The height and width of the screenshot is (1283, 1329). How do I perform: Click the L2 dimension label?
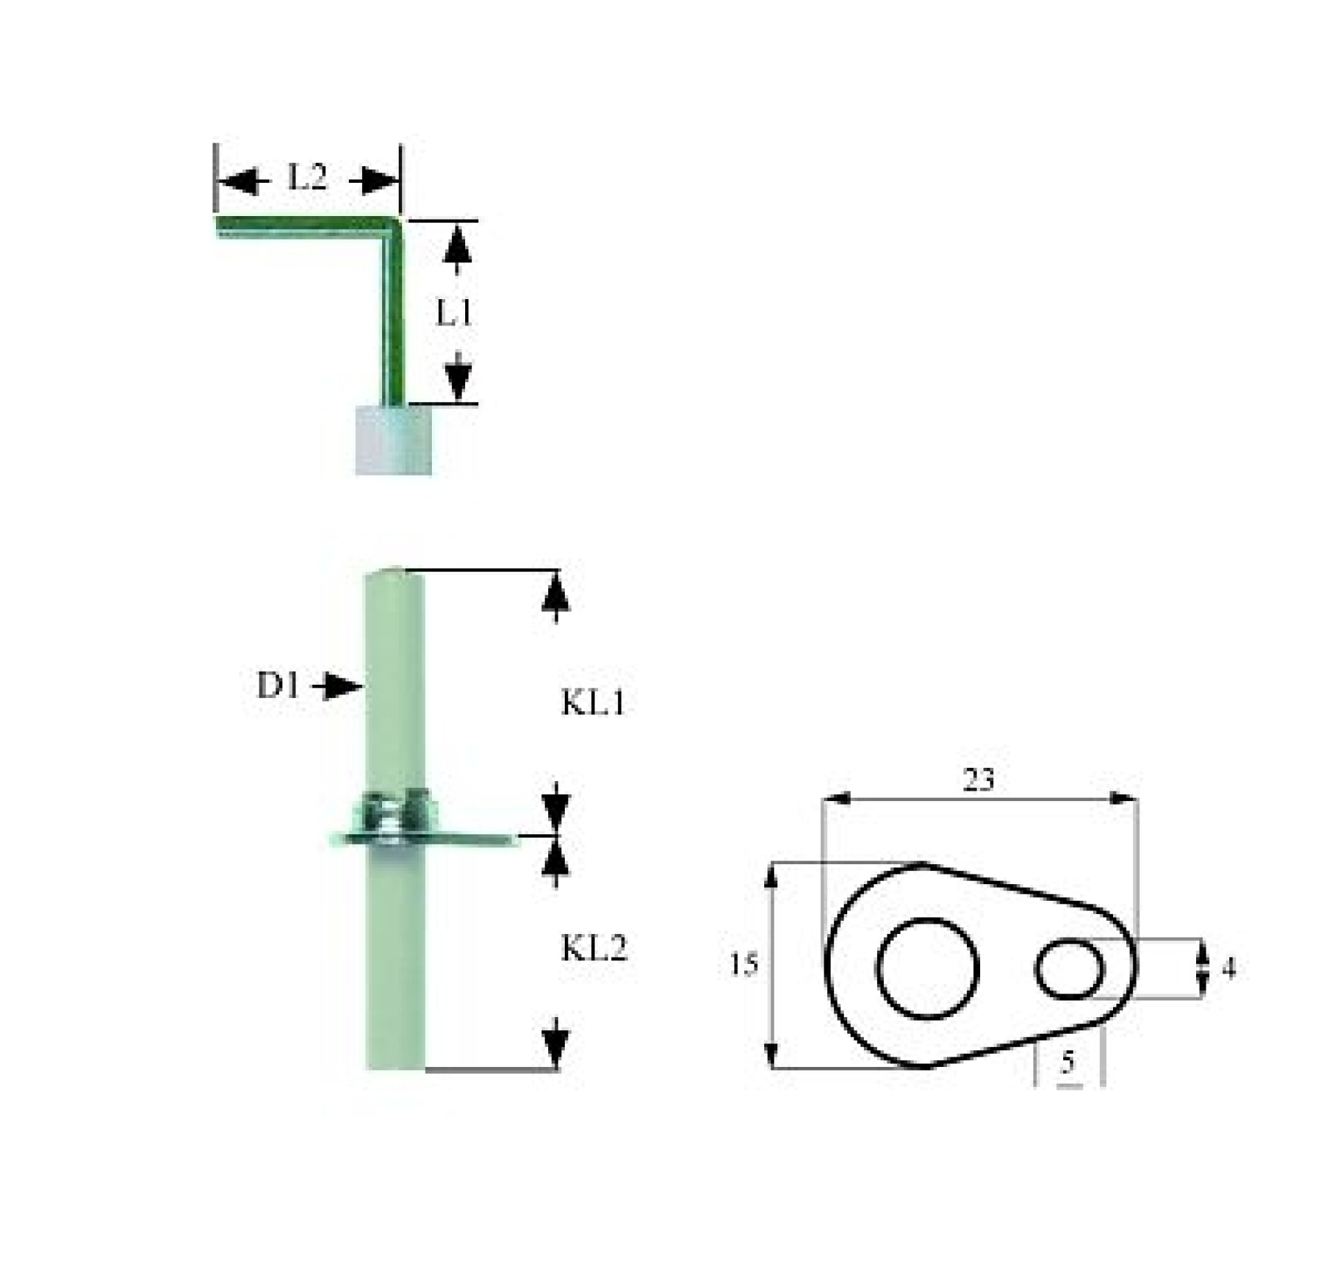[307, 178]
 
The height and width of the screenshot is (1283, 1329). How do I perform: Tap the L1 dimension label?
[455, 313]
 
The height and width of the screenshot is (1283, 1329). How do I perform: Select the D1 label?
[279, 685]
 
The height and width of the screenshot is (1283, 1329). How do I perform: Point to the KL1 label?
[593, 703]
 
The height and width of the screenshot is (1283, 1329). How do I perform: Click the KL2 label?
[594, 948]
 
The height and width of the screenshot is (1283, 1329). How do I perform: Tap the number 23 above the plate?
[979, 780]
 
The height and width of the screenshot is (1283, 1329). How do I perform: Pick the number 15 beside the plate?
[744, 965]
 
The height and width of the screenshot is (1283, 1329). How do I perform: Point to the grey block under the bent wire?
[393, 440]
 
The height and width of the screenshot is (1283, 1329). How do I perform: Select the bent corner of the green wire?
[393, 226]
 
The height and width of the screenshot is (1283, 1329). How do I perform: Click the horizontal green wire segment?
[303, 226]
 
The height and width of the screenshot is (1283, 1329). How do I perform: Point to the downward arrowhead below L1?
[458, 377]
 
